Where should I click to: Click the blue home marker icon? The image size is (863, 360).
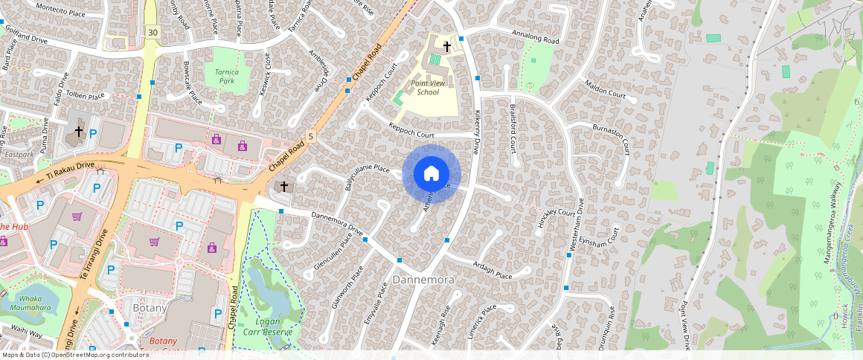431,174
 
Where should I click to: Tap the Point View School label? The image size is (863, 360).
428,88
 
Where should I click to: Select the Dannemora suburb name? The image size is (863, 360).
423,280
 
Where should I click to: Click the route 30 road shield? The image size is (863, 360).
153,32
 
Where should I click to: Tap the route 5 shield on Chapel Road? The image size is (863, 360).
311,135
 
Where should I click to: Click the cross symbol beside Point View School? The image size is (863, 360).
446,47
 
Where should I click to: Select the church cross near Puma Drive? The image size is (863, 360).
78,132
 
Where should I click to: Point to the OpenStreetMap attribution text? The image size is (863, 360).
75,355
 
